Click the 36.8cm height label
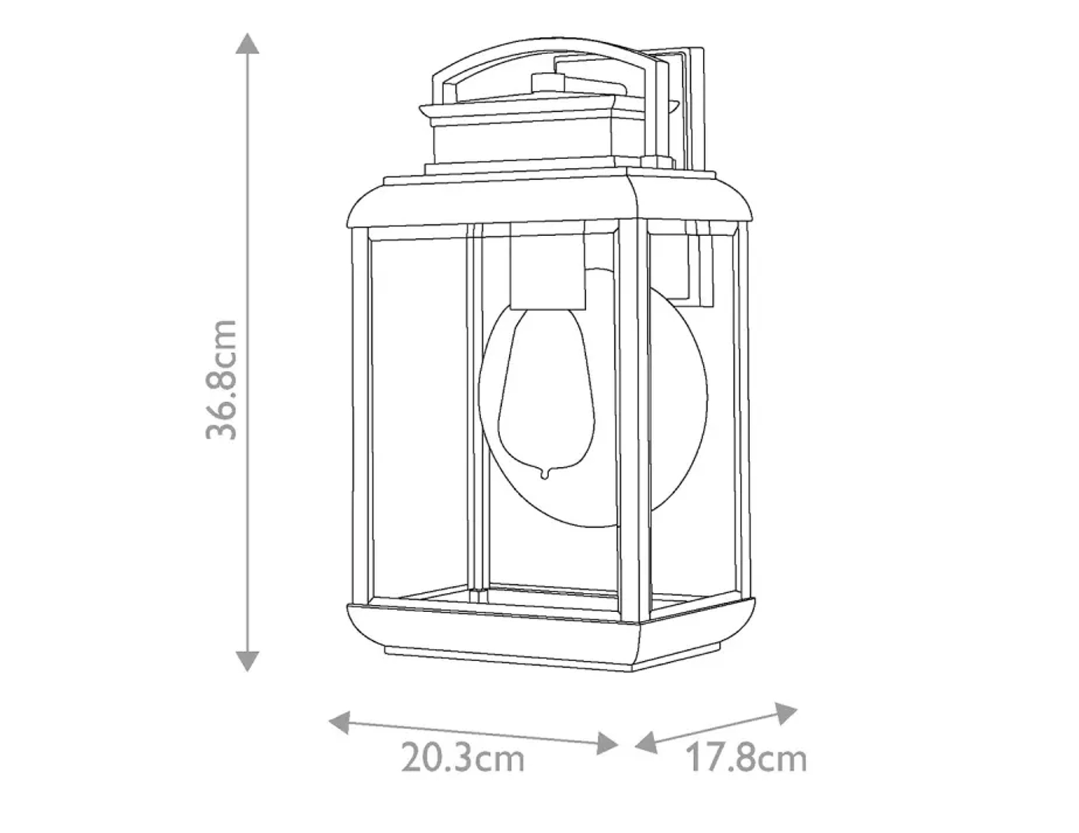click(x=221, y=379)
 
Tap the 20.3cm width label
click(x=462, y=758)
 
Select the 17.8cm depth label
click(x=746, y=758)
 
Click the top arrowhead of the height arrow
click(x=247, y=43)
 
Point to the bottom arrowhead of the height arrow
click(x=247, y=661)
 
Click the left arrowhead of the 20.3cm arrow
click(x=339, y=723)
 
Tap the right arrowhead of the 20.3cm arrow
click(x=607, y=743)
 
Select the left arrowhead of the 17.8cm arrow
click(x=646, y=743)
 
